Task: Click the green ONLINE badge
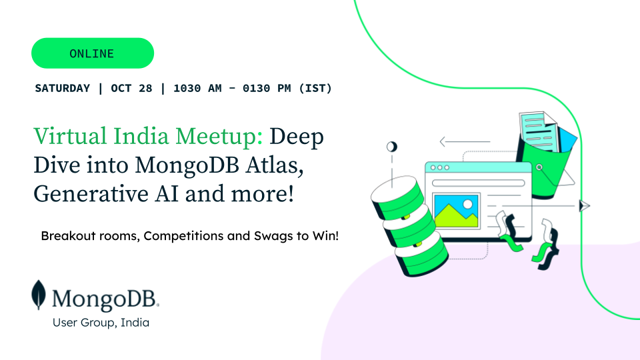pos(93,53)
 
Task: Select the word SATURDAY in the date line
pos(63,88)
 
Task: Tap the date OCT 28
pos(131,88)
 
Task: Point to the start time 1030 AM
pos(197,88)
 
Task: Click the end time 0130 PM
pos(267,88)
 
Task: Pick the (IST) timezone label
pos(315,88)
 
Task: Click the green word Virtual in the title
pos(70,136)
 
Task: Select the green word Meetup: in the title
pos(219,137)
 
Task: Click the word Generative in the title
pos(91,193)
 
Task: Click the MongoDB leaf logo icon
pos(39,295)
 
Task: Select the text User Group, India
pos(101,323)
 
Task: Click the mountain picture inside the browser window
pos(456,211)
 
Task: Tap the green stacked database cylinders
pos(409,226)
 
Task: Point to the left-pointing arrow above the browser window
pos(465,141)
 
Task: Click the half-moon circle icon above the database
pos(392,147)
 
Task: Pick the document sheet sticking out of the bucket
pos(539,131)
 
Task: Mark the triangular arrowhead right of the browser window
pos(585,206)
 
